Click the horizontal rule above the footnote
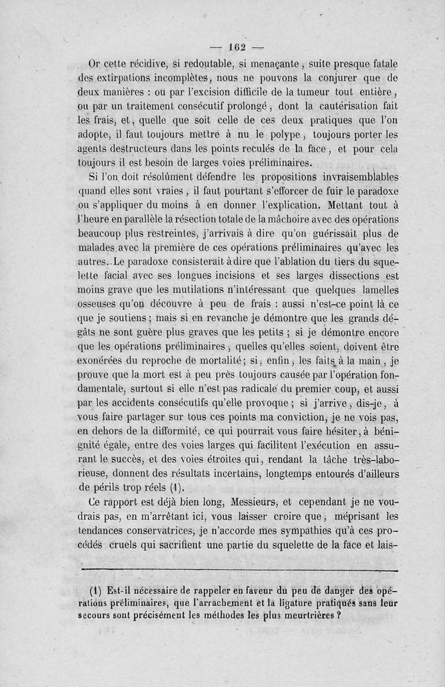(x=239, y=571)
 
